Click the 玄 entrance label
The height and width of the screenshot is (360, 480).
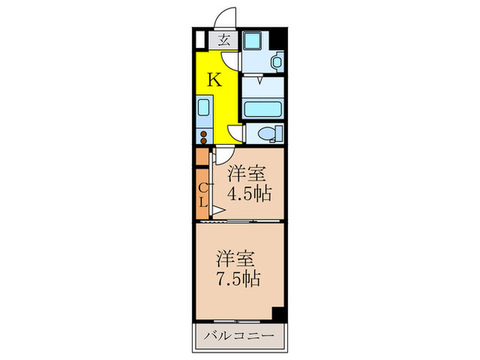[225, 39]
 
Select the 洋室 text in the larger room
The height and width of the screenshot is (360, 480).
[237, 259]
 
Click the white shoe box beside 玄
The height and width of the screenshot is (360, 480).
[201, 39]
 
